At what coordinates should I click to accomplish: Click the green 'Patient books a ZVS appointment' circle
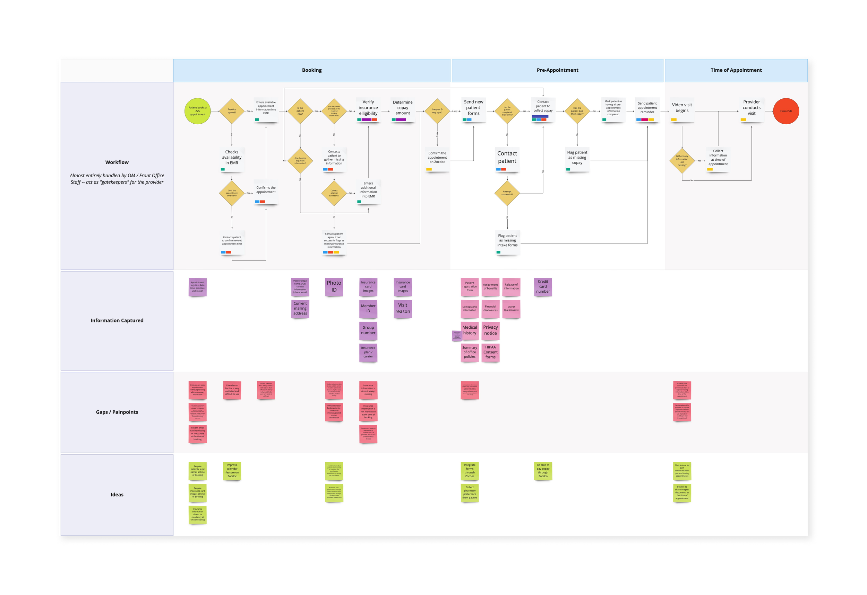click(197, 111)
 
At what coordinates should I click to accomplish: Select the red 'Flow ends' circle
click(786, 111)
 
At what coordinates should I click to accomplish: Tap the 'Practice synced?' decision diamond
click(232, 111)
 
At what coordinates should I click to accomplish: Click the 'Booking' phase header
click(312, 70)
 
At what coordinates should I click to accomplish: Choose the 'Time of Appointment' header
click(736, 70)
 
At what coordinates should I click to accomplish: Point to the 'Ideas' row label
click(117, 495)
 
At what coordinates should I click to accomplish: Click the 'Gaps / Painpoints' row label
click(117, 412)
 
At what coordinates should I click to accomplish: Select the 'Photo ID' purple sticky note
click(334, 287)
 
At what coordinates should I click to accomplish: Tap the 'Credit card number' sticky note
click(543, 287)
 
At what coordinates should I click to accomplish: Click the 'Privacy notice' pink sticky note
click(490, 330)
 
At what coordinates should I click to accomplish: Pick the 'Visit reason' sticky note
click(403, 309)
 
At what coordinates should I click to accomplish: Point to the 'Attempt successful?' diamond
click(507, 193)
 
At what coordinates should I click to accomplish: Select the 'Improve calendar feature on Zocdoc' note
click(232, 471)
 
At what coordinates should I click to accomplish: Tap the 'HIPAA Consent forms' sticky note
click(490, 352)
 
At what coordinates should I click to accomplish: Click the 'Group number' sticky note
click(368, 330)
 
